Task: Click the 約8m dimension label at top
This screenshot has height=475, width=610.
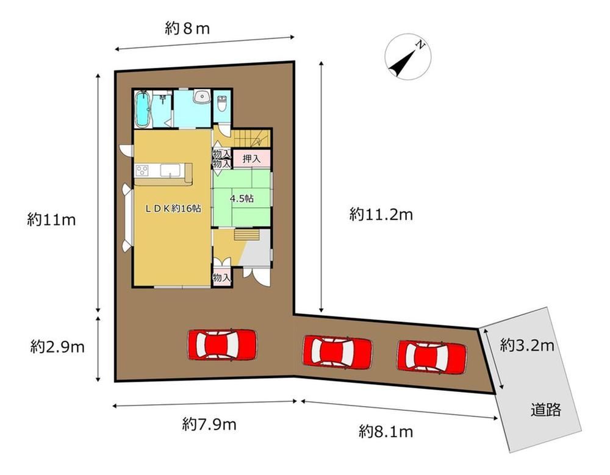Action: [x=187, y=29]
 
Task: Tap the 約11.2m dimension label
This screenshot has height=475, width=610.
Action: [x=381, y=215]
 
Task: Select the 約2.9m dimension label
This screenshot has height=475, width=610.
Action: [x=57, y=346]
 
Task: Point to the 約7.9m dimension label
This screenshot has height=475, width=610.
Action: [x=209, y=424]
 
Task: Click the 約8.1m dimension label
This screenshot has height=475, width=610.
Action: [x=386, y=432]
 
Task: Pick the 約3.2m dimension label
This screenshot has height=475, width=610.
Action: [x=527, y=345]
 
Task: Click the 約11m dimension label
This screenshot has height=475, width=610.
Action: [x=51, y=220]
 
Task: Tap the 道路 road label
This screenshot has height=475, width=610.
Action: [x=546, y=409]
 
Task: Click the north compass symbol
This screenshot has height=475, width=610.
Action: [x=408, y=57]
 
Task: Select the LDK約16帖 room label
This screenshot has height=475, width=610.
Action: [x=173, y=209]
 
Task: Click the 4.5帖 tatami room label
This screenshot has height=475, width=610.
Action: [x=242, y=199]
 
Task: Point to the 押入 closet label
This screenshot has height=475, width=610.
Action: [x=251, y=159]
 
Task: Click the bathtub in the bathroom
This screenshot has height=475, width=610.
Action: [x=143, y=109]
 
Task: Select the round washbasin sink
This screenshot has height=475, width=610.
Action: [x=203, y=96]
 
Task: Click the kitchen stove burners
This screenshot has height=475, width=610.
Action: [x=142, y=170]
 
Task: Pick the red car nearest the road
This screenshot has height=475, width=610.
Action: [x=432, y=357]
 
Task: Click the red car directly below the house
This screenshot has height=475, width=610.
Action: [x=223, y=345]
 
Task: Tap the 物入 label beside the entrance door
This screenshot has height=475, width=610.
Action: [x=222, y=278]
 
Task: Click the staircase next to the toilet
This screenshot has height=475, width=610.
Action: [x=251, y=138]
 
